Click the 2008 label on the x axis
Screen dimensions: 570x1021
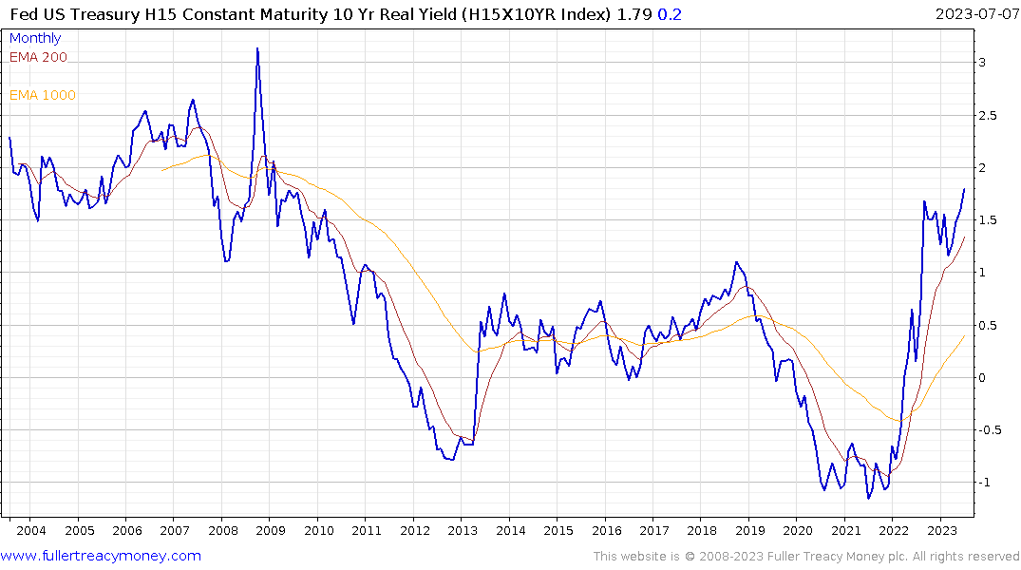point(222,530)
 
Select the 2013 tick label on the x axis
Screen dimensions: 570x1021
point(463,530)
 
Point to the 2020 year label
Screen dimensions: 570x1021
point(798,530)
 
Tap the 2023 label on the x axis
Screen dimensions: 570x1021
point(941,530)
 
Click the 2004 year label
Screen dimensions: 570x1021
point(30,530)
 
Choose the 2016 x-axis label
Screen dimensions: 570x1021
point(606,530)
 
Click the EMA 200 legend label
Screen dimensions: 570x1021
point(38,57)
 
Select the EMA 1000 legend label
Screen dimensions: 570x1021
point(43,95)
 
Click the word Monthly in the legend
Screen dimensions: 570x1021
point(35,38)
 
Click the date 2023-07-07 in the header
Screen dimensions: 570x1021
point(974,14)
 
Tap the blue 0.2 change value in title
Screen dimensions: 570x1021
point(670,14)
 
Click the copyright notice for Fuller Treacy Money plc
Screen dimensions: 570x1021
point(806,557)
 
